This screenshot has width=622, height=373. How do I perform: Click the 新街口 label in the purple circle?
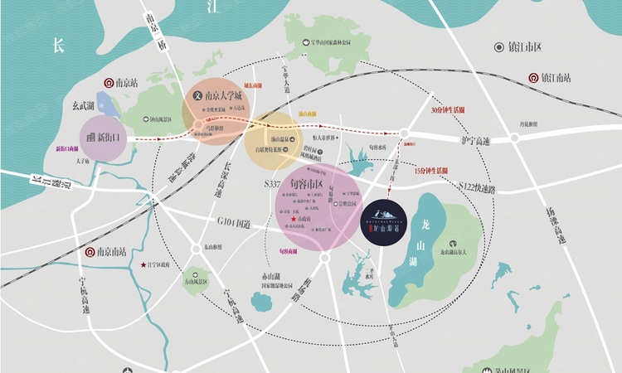pos(104,138)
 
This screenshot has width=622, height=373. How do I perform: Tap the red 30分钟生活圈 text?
pos(448,110)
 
